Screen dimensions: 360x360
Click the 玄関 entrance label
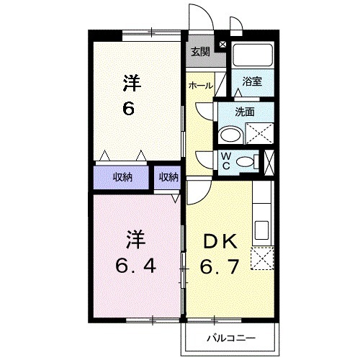click(200, 51)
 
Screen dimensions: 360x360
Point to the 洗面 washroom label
click(246, 112)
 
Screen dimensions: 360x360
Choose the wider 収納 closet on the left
click(122, 177)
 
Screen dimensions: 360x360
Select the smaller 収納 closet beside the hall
click(168, 177)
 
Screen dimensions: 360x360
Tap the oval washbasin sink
click(230, 135)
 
